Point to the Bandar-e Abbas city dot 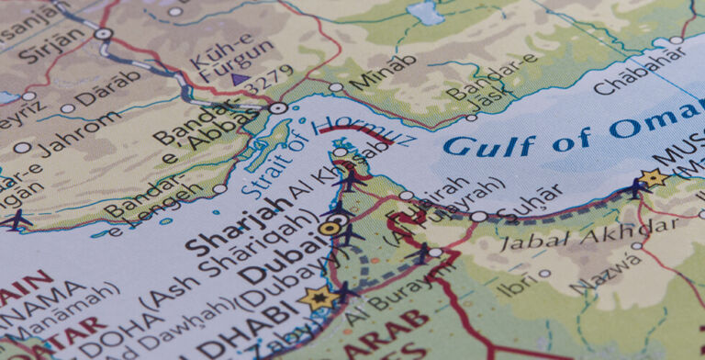coord(278,108)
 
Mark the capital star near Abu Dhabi coord(319,298)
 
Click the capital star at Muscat coord(654,178)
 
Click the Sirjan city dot coord(103,34)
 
